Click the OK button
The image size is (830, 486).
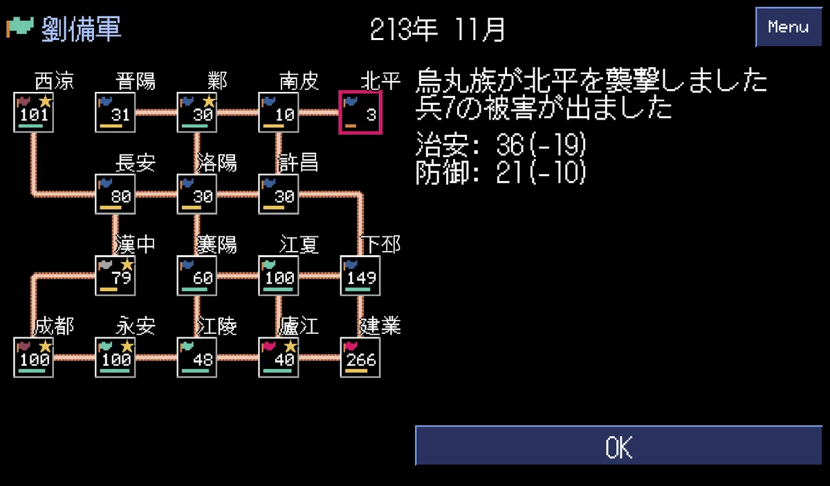tap(618, 446)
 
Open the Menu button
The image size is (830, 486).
tap(788, 27)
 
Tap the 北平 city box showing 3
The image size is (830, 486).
tap(360, 113)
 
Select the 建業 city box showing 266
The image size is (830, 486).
tap(360, 357)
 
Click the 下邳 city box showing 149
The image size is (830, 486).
tap(360, 276)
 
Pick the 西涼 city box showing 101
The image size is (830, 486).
tap(33, 112)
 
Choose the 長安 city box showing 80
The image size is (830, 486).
tap(116, 194)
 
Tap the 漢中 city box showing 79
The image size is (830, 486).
tap(116, 276)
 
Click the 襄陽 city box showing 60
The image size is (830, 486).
tap(196, 276)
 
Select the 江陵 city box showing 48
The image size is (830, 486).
tap(196, 357)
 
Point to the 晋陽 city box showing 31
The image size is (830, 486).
tap(116, 112)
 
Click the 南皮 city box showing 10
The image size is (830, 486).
tap(278, 112)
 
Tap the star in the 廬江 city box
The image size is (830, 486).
tap(290, 346)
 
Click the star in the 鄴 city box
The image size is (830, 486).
tap(209, 101)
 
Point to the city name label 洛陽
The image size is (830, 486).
tap(216, 162)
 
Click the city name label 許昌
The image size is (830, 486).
tap(298, 162)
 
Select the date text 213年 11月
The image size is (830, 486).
tap(437, 30)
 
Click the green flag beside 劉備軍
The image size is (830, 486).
tap(19, 27)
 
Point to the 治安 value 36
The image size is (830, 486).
tap(510, 144)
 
